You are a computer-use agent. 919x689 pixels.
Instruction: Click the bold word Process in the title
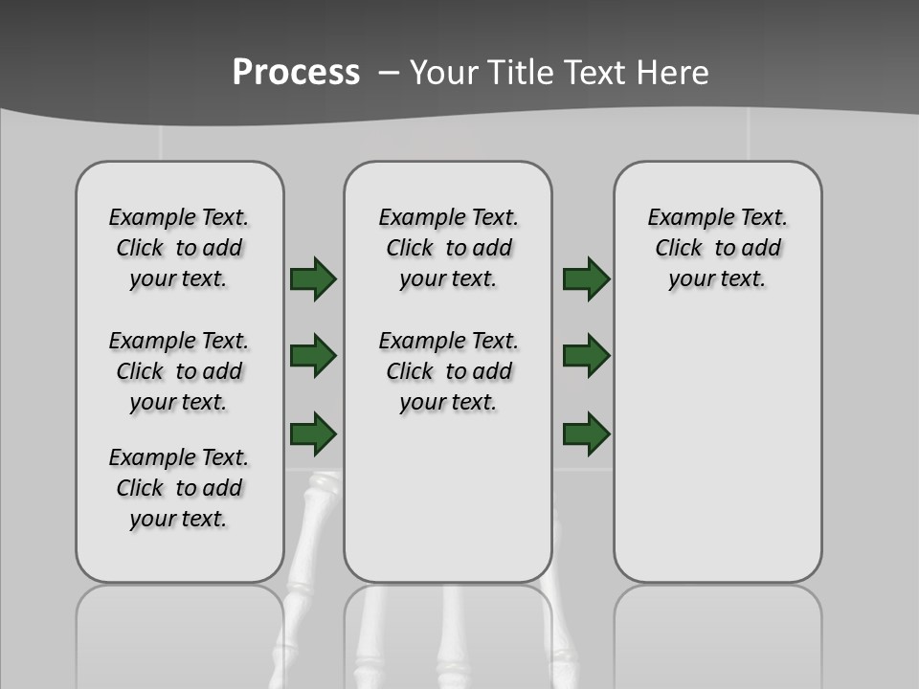coord(296,72)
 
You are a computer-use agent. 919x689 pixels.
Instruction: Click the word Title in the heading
coord(523,72)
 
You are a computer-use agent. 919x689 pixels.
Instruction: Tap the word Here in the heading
coord(675,72)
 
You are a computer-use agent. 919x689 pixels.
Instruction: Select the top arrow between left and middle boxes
coord(313,278)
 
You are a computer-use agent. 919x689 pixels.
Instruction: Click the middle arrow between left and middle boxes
coord(313,356)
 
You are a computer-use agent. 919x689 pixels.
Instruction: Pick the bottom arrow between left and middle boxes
coord(313,433)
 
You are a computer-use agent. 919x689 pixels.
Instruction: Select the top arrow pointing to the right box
coord(587,278)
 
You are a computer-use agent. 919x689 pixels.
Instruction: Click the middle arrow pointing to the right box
coord(587,356)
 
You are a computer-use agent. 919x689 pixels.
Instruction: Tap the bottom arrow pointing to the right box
coord(587,433)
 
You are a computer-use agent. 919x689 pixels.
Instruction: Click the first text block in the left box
coord(179,248)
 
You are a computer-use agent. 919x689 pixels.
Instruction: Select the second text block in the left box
coord(179,371)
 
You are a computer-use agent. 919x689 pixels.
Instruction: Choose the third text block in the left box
coord(179,488)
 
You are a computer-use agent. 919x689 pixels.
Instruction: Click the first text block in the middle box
coord(448,248)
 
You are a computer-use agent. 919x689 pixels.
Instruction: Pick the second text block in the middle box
coord(448,371)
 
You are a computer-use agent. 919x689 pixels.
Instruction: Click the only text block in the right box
coord(717,248)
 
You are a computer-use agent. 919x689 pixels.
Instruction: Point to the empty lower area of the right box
coord(717,450)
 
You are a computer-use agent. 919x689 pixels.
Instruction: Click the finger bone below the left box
coord(314,536)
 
